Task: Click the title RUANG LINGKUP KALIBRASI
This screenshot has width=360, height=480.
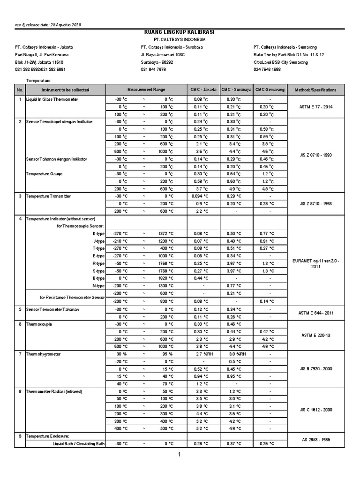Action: pyautogui.click(x=180, y=32)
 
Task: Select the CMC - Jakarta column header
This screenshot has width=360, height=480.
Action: pyautogui.click(x=203, y=90)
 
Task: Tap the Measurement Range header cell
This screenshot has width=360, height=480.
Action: pyautogui.click(x=146, y=90)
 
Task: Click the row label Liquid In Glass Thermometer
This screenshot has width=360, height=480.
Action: pyautogui.click(x=52, y=100)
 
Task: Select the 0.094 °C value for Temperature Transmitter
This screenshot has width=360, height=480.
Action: pyautogui.click(x=200, y=196)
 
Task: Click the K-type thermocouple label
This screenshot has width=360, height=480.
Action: pyautogui.click(x=98, y=233)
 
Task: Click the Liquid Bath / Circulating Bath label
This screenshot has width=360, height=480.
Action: pyautogui.click(x=78, y=443)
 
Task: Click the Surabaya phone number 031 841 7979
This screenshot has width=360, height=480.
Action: pyautogui.click(x=153, y=69)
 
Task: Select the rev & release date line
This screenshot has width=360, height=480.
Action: pyautogui.click(x=48, y=24)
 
